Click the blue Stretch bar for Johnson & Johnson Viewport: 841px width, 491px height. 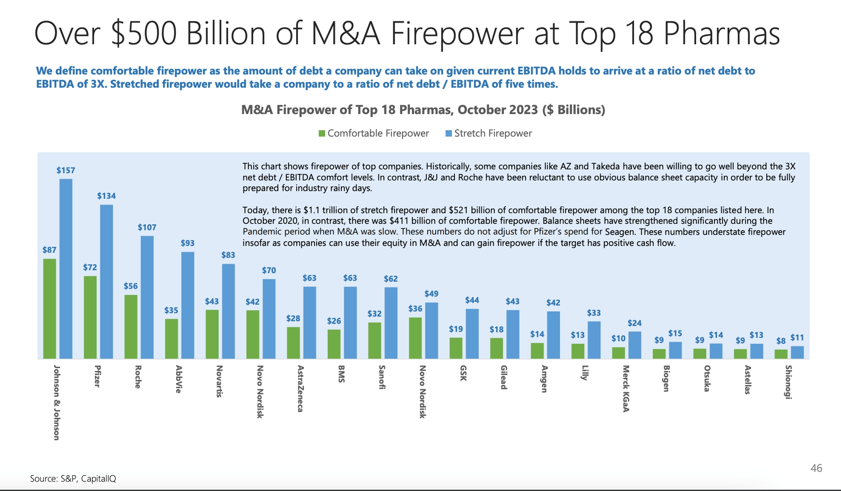(66, 269)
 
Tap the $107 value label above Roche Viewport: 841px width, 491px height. (147, 227)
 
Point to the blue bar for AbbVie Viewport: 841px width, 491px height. (187, 305)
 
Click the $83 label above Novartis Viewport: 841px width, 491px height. (228, 255)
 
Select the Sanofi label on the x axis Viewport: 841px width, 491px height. (382, 377)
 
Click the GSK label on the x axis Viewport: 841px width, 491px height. (463, 373)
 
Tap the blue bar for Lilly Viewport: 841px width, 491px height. (594, 340)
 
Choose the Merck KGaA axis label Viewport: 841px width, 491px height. (626, 389)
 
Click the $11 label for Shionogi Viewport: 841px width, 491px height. (797, 338)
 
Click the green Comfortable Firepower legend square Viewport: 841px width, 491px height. (322, 133)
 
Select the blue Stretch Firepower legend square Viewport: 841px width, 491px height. (449, 133)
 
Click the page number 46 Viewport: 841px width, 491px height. (816, 468)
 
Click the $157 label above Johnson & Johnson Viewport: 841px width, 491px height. (66, 171)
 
